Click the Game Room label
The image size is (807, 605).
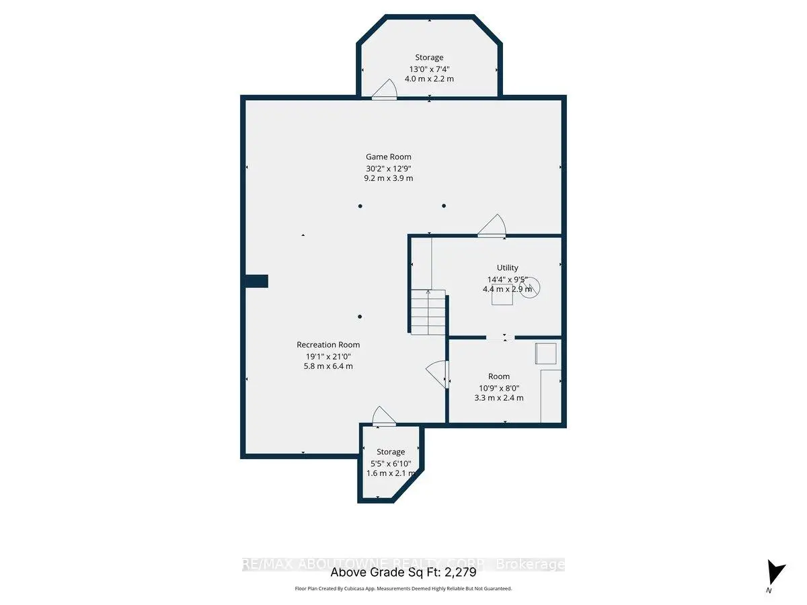[x=388, y=157]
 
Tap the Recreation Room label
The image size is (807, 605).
[x=328, y=345]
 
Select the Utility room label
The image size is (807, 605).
[x=508, y=268]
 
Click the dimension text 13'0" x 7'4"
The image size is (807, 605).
[x=428, y=69]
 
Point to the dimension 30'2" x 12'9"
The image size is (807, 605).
[x=388, y=168]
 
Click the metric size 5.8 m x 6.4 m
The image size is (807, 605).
[x=328, y=366]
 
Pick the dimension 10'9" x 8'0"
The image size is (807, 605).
[x=498, y=387]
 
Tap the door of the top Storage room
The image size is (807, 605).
[x=385, y=91]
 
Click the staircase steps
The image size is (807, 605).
[x=428, y=313]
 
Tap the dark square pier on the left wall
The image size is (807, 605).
[x=256, y=281]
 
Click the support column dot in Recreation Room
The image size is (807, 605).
[x=360, y=317]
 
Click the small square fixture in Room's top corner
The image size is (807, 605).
[x=545, y=354]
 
